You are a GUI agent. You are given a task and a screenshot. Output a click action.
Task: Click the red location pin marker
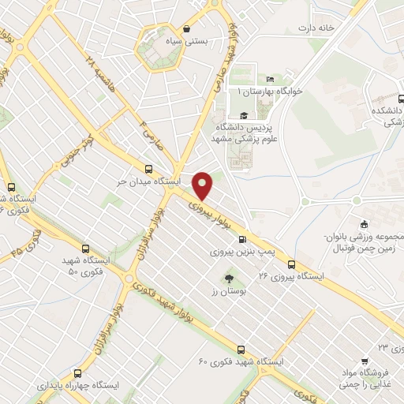(x=203, y=185)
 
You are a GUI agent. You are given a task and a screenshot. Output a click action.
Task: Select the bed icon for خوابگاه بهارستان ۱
(x=270, y=80)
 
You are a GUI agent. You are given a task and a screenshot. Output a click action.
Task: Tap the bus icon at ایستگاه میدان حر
(x=149, y=168)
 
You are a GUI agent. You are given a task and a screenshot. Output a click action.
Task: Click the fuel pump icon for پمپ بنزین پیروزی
(x=241, y=240)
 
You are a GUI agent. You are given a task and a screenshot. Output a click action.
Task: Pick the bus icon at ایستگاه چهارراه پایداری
(x=77, y=371)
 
